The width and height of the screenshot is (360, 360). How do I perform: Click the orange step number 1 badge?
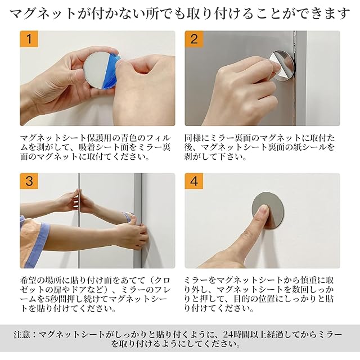pyautogui.click(x=29, y=39)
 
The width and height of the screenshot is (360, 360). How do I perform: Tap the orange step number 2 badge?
pyautogui.click(x=194, y=39)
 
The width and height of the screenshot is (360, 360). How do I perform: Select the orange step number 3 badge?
pyautogui.click(x=29, y=181)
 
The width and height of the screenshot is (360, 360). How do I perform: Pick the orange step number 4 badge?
pyautogui.click(x=194, y=181)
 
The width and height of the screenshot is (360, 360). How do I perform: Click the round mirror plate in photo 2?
pyautogui.click(x=283, y=65)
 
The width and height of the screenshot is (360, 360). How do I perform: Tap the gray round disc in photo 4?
pyautogui.click(x=268, y=210)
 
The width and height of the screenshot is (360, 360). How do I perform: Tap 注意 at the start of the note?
pyautogui.click(x=22, y=334)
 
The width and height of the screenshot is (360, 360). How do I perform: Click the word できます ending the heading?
pyautogui.click(x=324, y=13)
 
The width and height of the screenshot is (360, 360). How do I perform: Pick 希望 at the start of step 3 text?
pyautogui.click(x=29, y=280)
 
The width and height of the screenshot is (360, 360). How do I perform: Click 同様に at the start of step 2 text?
pyautogui.click(x=197, y=138)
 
